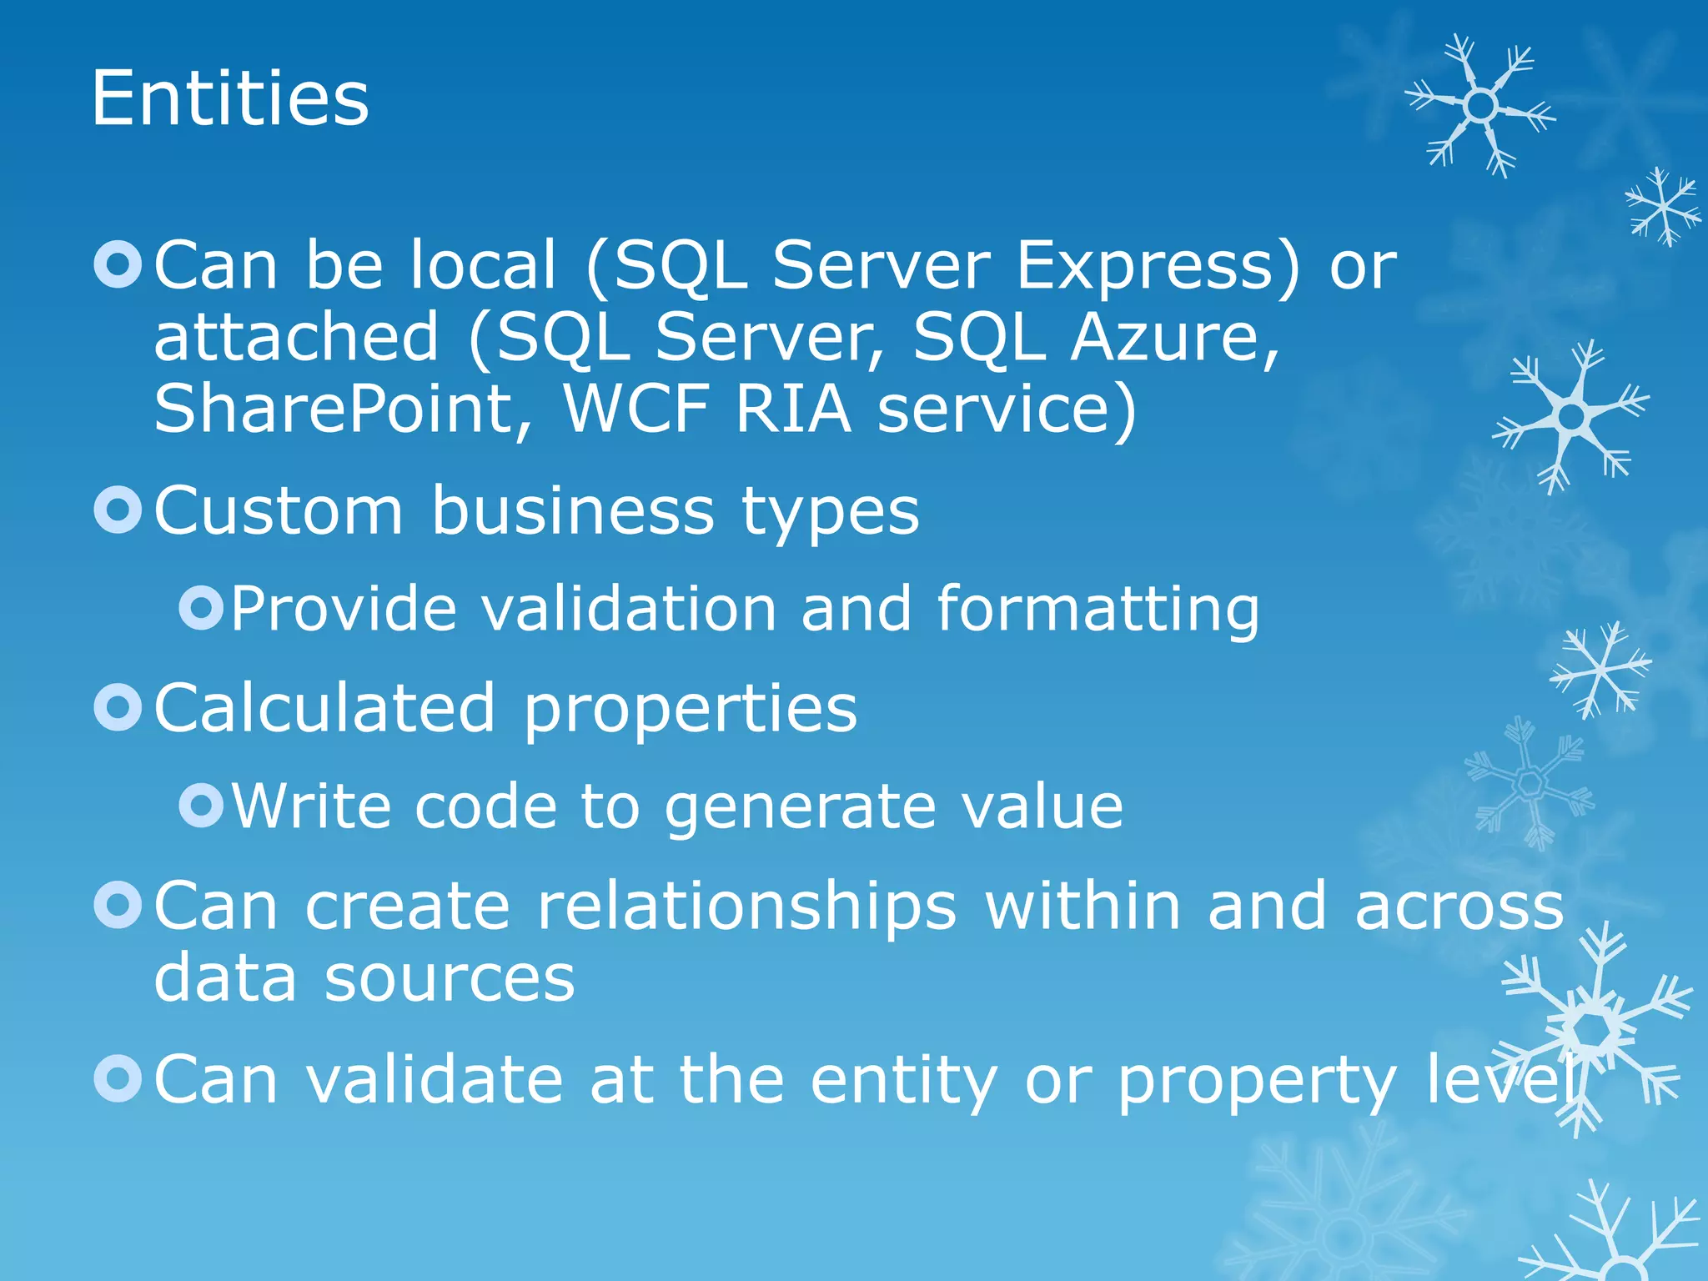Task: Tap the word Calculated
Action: (x=325, y=708)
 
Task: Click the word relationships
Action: (x=747, y=907)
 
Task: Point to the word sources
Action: (x=450, y=977)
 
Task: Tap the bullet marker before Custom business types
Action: (x=118, y=510)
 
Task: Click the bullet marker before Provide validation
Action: (x=201, y=608)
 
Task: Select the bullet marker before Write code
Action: (x=201, y=805)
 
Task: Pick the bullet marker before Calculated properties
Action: (x=118, y=707)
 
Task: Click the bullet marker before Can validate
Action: (x=118, y=1078)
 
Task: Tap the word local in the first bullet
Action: (x=482, y=265)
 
